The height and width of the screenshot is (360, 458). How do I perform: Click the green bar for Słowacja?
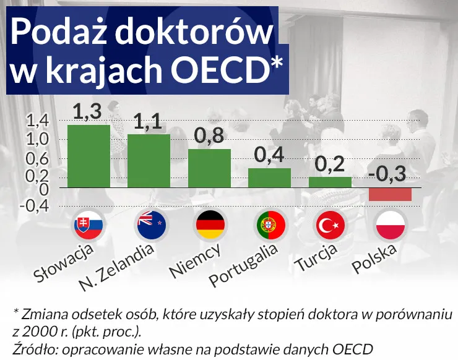89,156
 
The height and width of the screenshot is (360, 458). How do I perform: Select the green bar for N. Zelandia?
149,161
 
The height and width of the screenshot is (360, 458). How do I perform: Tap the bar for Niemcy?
209,168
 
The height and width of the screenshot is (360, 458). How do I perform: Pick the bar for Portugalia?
269,178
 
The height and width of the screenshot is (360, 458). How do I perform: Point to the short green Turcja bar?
330,182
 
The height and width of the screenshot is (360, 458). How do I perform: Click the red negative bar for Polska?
390,194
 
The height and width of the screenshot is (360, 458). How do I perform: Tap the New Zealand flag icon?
149,225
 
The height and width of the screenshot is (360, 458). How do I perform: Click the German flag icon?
210,225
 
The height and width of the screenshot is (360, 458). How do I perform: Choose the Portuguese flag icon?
270,225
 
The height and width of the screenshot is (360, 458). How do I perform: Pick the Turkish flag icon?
330,225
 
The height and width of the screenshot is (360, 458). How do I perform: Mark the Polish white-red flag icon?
390,225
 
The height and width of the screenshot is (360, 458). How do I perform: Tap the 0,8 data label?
209,136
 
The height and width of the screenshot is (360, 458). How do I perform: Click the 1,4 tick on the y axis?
37,119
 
